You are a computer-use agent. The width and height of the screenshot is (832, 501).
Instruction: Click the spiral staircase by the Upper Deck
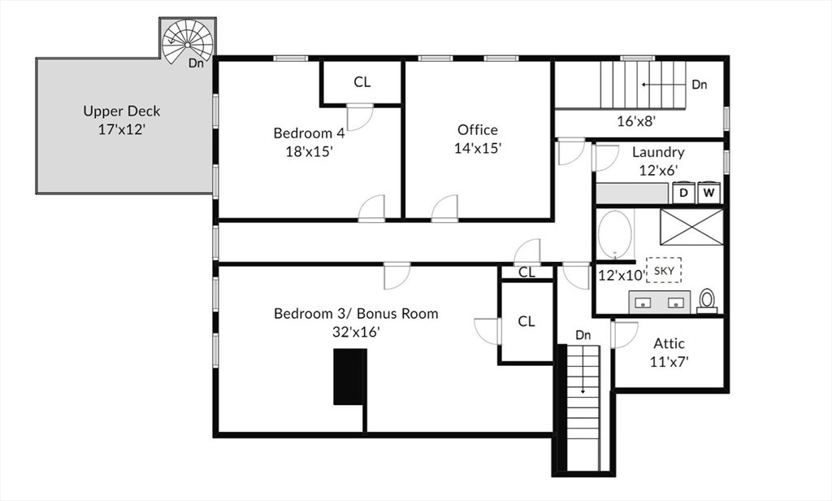point(188,41)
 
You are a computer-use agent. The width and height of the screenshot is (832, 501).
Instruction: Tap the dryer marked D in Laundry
point(683,193)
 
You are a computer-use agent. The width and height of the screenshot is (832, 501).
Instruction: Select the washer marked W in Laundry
point(708,193)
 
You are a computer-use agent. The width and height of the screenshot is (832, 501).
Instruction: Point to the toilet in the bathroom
point(707,301)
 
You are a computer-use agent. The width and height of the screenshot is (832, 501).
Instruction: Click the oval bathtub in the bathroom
point(615,234)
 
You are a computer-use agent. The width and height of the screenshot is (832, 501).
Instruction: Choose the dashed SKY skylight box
point(664,270)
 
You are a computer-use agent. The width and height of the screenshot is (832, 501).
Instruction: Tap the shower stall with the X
point(691,227)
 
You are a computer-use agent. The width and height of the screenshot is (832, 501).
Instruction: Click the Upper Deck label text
point(122,111)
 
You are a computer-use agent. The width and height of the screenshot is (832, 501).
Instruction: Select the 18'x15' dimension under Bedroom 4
point(309,151)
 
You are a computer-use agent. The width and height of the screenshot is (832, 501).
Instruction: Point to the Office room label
point(478,129)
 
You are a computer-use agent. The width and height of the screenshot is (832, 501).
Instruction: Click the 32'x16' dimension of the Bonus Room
point(356,332)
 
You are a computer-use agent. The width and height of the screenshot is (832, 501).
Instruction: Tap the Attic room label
point(669,343)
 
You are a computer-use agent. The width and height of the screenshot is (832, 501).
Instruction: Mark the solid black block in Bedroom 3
point(350,377)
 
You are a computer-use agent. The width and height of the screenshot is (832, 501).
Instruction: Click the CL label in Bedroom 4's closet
point(362,82)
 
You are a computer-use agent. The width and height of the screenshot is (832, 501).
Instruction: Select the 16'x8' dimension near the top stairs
point(637,121)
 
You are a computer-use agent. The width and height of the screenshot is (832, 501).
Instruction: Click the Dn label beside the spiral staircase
point(196,63)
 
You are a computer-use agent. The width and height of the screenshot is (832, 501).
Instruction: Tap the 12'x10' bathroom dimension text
point(622,275)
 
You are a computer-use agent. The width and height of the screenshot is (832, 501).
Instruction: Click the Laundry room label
point(658,152)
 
